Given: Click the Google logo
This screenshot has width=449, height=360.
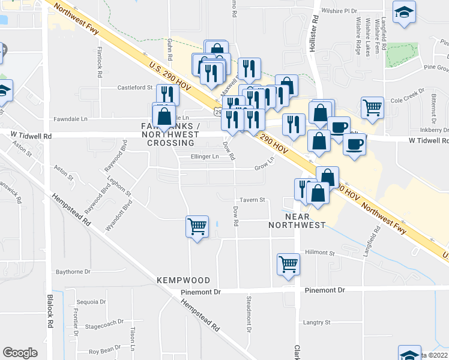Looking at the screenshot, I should [20, 353].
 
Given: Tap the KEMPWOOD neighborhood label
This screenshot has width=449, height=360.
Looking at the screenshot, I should [183, 280].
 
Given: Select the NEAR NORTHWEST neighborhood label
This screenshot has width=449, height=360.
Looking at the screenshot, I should [305, 220].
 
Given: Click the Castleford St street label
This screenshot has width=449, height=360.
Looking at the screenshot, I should [135, 88].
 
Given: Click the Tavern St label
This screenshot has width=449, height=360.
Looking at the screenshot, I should [253, 200].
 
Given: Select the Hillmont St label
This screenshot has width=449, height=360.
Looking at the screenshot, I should [319, 253].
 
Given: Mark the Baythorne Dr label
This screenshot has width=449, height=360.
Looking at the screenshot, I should [73, 272].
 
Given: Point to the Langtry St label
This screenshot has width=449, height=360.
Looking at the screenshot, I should [318, 323].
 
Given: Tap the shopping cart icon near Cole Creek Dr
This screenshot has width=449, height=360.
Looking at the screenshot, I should [373, 108].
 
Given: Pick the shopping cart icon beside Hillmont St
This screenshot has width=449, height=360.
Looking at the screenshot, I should [289, 264].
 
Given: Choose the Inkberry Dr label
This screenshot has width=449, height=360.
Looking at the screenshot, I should [435, 130].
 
